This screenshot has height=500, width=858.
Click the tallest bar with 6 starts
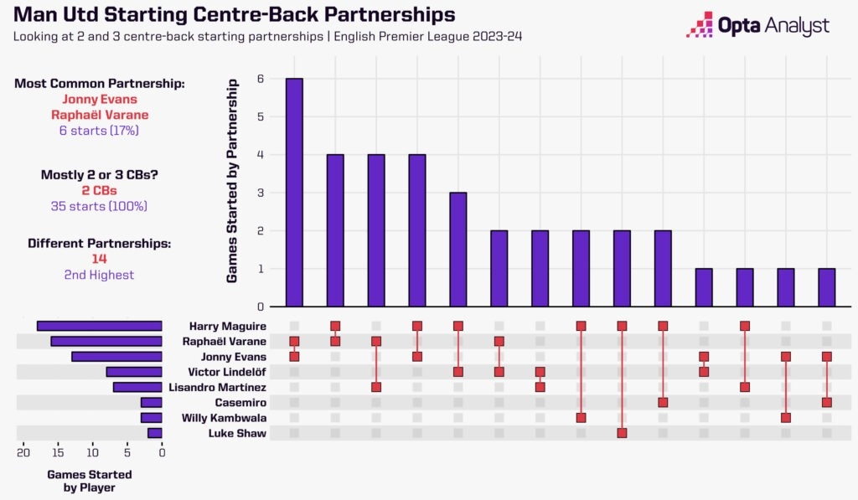294,193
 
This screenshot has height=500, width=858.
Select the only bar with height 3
458,250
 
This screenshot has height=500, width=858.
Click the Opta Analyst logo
758,25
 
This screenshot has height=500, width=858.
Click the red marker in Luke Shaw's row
622,433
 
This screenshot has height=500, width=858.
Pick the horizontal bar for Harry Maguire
99,326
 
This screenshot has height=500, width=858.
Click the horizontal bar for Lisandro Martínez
137,387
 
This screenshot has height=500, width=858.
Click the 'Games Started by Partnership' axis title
234,181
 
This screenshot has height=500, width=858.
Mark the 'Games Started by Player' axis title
89,481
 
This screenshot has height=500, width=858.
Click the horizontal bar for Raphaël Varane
106,341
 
